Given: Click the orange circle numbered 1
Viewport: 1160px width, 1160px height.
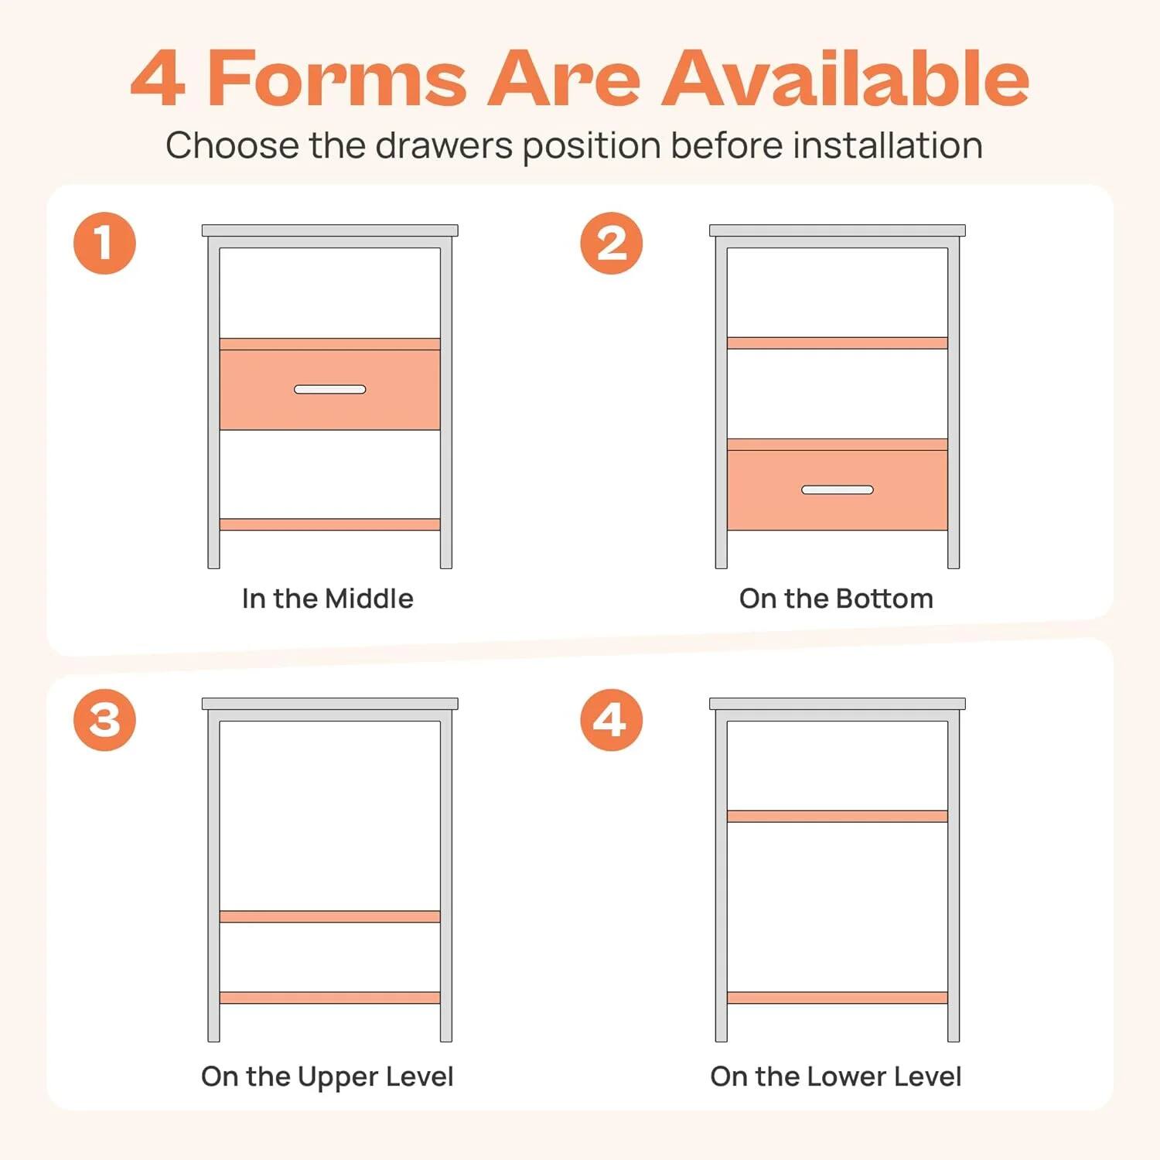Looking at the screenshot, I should coord(104,244).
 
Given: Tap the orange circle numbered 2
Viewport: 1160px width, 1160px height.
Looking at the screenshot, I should coord(611,244).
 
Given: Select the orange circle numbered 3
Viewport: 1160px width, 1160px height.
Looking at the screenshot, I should coord(104,720).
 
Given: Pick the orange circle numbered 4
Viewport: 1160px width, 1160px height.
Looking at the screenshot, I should coord(611,720).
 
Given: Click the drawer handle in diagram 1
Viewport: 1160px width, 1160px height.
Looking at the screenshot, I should coord(329,389).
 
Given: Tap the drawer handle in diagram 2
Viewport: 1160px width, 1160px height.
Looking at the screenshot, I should coord(837,490).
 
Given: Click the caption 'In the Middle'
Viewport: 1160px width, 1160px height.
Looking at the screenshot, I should coord(327,599).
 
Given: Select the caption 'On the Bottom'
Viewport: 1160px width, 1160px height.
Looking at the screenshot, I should coord(836,599).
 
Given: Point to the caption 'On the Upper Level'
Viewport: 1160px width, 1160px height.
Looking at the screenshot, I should coord(327,1076).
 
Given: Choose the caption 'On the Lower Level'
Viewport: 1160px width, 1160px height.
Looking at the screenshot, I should coord(836,1076).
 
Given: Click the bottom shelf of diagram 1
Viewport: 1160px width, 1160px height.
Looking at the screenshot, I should coord(329,524).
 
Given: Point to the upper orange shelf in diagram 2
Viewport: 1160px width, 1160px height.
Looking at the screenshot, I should coord(837,343).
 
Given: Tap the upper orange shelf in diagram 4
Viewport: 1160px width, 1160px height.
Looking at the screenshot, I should coord(837,816).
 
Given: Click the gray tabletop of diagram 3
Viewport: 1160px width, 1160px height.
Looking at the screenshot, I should coord(329,704).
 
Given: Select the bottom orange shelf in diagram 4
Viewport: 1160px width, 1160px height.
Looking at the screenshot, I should coord(837,998).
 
